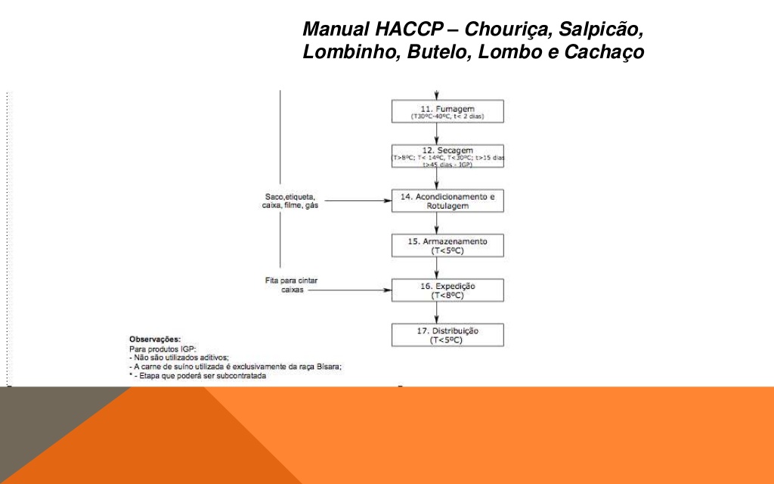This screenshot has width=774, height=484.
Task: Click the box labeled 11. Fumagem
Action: tap(447, 110)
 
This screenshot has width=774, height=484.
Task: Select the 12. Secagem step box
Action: tap(447, 155)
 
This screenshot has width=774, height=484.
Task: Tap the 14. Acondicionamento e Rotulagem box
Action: tap(447, 200)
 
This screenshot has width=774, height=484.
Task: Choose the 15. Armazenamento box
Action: tap(447, 245)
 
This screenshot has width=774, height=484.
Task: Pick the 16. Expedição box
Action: tap(447, 290)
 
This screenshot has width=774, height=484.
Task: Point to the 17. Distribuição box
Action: tap(447, 335)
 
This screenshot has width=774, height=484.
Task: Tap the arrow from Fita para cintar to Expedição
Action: tap(351, 290)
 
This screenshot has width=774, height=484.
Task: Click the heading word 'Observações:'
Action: tap(155, 340)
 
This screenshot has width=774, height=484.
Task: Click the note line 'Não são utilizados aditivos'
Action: tap(181, 358)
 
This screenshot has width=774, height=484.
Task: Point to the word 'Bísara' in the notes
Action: tap(326, 366)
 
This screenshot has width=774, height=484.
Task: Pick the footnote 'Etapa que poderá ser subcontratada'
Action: tap(201, 375)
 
